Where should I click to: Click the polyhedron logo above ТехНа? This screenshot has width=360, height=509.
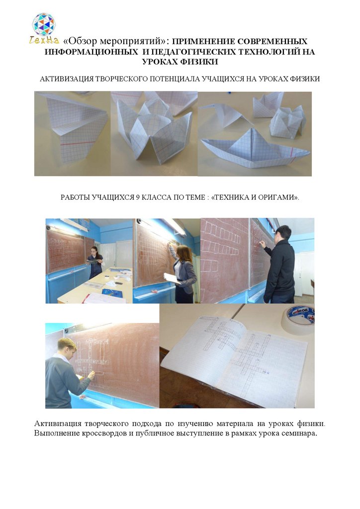[x=43, y=24]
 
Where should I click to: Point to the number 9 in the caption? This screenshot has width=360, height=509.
[x=138, y=197]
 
